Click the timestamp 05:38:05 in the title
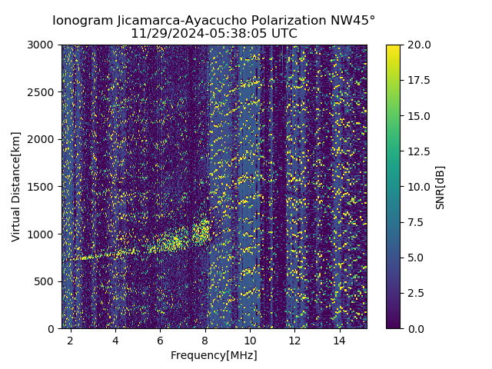click(232, 34)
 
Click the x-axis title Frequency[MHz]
click(214, 355)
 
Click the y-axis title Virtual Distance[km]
click(16, 187)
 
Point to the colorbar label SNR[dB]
click(440, 187)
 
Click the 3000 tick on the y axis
click(42, 45)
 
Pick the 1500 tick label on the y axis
click(42, 187)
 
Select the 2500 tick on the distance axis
click(42, 92)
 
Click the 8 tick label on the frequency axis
click(205, 340)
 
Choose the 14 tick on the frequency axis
click(339, 340)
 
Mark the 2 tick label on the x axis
click(71, 340)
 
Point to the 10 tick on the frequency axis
click(250, 340)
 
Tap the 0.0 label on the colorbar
click(415, 328)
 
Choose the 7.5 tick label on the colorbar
click(415, 222)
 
